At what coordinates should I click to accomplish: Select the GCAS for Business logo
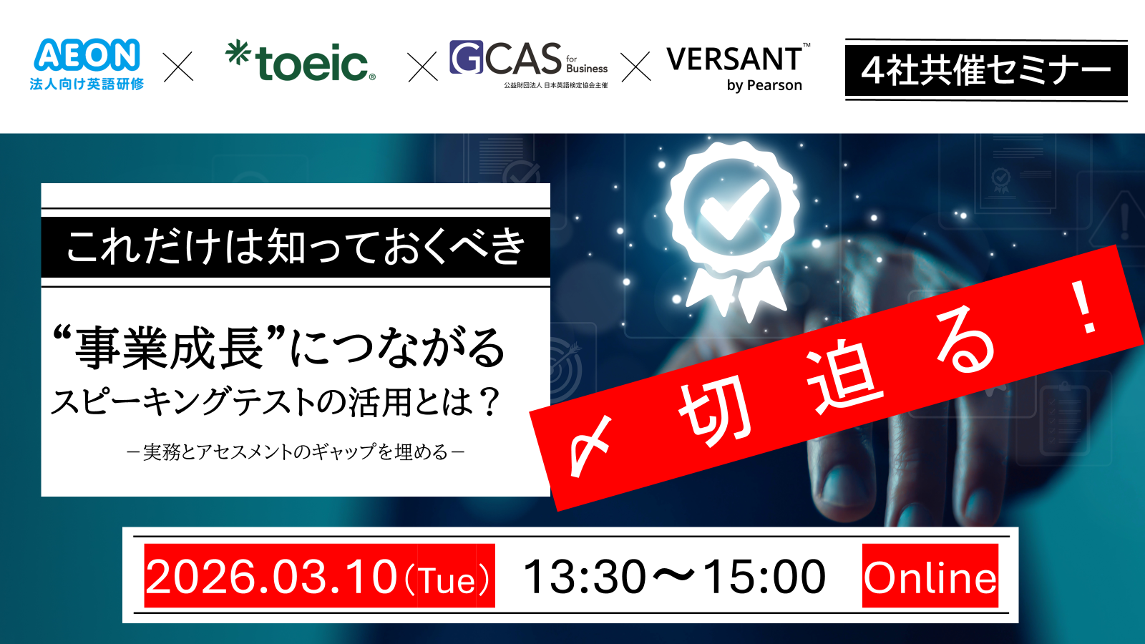(x=528, y=61)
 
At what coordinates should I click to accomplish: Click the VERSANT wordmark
(x=734, y=59)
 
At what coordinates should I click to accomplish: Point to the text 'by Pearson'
(x=764, y=86)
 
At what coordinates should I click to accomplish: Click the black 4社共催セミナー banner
(x=985, y=70)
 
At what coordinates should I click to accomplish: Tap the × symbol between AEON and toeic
(x=178, y=67)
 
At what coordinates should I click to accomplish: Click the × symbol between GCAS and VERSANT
(x=635, y=67)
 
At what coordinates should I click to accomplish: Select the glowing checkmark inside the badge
(x=733, y=207)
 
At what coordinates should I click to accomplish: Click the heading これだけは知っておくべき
(x=296, y=247)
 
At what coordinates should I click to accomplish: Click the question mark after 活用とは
(x=490, y=402)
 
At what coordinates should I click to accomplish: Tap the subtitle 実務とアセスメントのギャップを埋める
(x=296, y=452)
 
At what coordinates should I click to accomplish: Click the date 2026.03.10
(x=271, y=577)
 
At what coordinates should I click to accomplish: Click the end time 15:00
(x=764, y=577)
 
